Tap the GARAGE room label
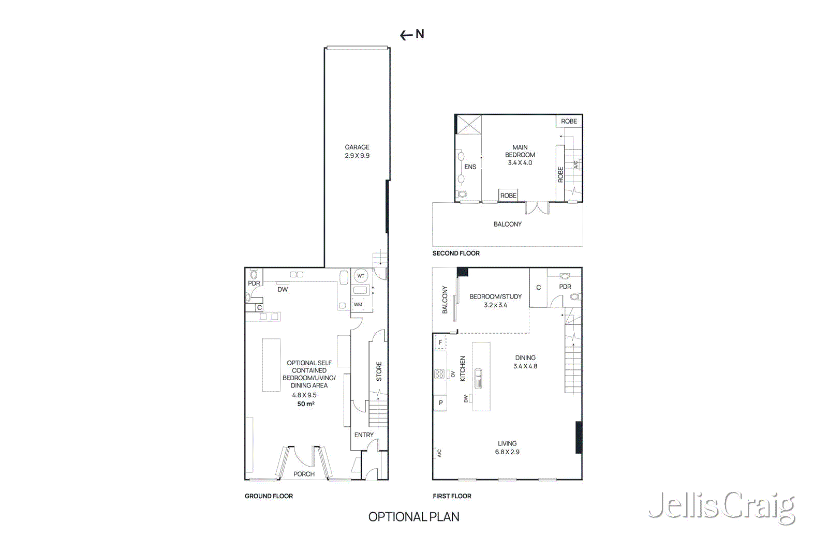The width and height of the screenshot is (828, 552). point(357,147)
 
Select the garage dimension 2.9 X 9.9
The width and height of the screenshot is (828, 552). point(357,155)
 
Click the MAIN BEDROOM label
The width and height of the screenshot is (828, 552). point(520,151)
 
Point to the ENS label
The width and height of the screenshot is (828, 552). point(470,167)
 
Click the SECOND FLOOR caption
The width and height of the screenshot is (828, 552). point(456,253)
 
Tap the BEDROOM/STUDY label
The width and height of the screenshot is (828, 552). point(495,296)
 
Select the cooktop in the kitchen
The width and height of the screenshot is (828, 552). point(439,374)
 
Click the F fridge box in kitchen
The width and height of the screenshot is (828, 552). point(440,342)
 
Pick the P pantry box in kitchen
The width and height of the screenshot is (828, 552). point(440,402)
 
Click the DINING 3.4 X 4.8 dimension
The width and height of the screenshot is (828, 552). point(525,366)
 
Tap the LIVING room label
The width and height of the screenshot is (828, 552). point(507,443)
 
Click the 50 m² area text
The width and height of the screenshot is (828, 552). point(306,404)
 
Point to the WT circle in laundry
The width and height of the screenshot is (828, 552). point(361,276)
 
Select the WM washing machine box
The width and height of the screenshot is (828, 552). point(358,304)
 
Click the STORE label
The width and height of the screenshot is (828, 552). point(379,371)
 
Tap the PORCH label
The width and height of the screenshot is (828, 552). point(304,474)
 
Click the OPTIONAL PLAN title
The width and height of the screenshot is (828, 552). point(413,517)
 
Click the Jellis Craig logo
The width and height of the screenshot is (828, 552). point(721,507)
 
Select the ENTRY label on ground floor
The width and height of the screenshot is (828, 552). point(364,435)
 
